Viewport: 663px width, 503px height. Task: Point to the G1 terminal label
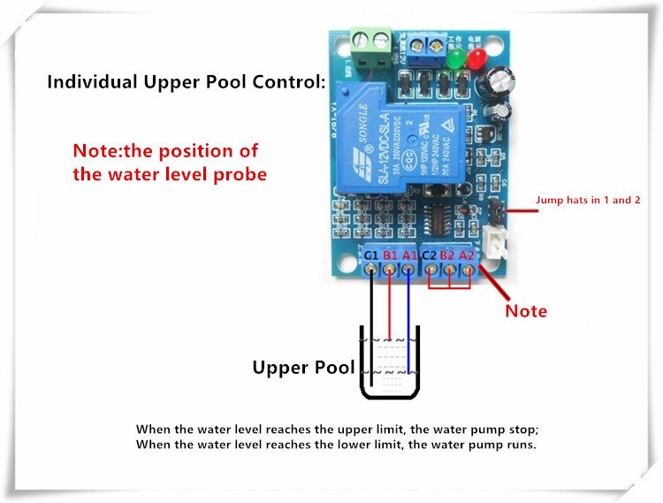pyautogui.click(x=372, y=255)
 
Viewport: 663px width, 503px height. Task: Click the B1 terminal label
pyautogui.click(x=391, y=255)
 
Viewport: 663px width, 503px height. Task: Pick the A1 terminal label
pyautogui.click(x=409, y=255)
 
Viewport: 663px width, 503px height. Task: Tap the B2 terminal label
pyautogui.click(x=449, y=255)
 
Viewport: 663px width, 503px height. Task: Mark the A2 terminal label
pyautogui.click(x=468, y=255)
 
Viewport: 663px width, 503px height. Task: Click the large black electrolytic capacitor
pyautogui.click(x=497, y=83)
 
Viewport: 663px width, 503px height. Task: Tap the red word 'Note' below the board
pyautogui.click(x=526, y=311)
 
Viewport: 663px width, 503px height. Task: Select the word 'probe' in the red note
pyautogui.click(x=240, y=174)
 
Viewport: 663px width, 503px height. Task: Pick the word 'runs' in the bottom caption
pyautogui.click(x=519, y=445)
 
